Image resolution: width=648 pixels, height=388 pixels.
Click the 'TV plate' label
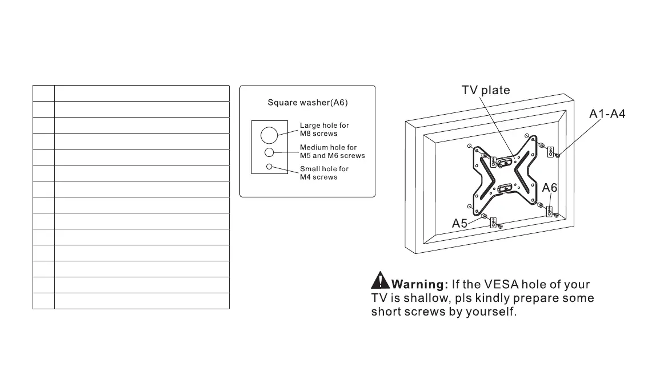[x=486, y=90]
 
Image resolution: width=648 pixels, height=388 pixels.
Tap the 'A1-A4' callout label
[x=607, y=114]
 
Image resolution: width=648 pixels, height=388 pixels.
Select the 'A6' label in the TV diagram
[x=550, y=188]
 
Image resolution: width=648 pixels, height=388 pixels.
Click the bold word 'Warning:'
[x=419, y=284]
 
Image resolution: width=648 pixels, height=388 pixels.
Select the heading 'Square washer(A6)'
[x=307, y=103]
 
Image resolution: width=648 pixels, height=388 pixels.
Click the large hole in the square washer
[x=269, y=135]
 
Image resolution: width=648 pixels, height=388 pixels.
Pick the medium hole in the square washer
[x=269, y=152]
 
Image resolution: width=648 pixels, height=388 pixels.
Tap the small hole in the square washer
[x=269, y=167]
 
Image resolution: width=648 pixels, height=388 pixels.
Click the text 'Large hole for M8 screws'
[x=325, y=130]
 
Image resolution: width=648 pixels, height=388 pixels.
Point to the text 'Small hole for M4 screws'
[x=324, y=173]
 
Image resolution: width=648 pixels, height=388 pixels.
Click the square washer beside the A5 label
[x=495, y=221]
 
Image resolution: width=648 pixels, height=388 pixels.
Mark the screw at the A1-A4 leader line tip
[x=558, y=155]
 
